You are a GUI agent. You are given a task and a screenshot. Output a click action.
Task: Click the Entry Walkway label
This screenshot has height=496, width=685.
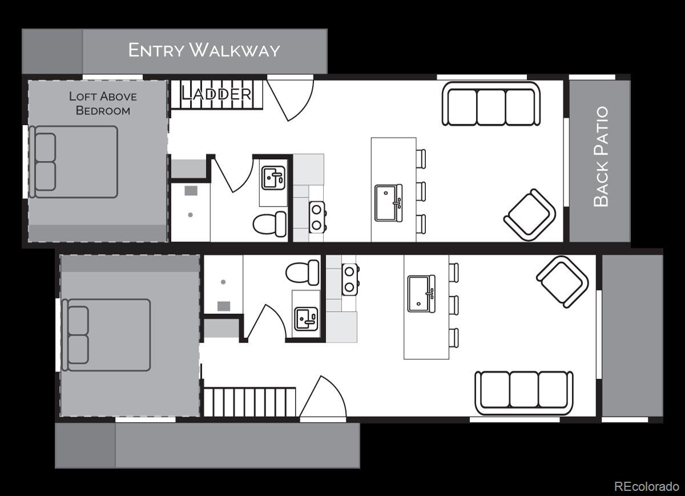pyautogui.click(x=204, y=50)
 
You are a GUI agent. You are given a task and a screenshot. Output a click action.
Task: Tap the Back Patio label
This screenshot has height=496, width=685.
pyautogui.click(x=601, y=156)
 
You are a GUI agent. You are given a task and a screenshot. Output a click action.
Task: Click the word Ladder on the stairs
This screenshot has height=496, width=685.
pyautogui.click(x=217, y=94)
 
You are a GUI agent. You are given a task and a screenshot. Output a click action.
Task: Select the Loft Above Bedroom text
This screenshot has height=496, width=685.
pyautogui.click(x=103, y=103)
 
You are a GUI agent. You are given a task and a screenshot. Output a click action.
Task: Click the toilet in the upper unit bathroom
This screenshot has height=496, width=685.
pyautogui.click(x=269, y=224)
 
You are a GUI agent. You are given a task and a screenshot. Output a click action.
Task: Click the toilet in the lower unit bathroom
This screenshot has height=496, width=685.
pyautogui.click(x=303, y=272)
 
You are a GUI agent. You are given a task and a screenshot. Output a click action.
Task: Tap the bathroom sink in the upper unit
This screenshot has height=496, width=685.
pyautogui.click(x=273, y=178)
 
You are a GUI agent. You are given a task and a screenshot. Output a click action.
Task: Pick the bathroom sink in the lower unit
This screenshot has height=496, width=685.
pyautogui.click(x=306, y=319)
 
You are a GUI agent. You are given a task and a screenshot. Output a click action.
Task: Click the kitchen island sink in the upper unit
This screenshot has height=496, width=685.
pyautogui.click(x=389, y=203)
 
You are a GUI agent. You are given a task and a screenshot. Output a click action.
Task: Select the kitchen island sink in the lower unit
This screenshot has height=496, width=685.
pyautogui.click(x=421, y=293)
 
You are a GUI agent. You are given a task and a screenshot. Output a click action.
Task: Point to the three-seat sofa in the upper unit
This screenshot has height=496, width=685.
pyautogui.click(x=491, y=104)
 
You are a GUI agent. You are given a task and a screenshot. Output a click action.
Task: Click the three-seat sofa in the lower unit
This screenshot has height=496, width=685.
pyautogui.click(x=524, y=393)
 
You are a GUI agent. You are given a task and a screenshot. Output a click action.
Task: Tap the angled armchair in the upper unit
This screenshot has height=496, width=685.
pyautogui.click(x=530, y=215)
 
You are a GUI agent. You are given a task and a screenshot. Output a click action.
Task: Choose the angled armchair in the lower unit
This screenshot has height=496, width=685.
pyautogui.click(x=562, y=282)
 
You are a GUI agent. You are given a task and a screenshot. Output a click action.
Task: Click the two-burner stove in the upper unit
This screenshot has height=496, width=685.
pyautogui.click(x=317, y=217)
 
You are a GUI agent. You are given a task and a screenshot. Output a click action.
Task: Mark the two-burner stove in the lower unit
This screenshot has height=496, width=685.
pyautogui.click(x=350, y=280)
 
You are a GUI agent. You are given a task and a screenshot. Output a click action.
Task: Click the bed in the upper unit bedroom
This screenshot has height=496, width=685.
pyautogui.click(x=74, y=162)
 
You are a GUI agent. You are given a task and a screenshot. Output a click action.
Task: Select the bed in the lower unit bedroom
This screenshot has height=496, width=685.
pyautogui.click(x=106, y=335)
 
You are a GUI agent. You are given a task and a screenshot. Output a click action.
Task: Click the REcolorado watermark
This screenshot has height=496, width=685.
pyautogui.click(x=646, y=486)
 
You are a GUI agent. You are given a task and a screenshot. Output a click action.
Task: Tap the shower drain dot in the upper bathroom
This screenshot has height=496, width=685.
pyautogui.click(x=190, y=215)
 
